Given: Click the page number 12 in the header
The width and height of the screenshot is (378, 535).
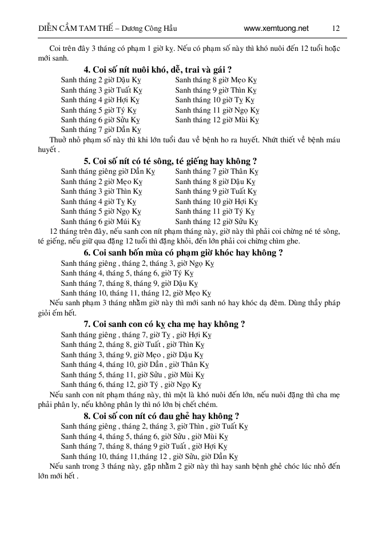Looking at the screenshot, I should click(x=336, y=28).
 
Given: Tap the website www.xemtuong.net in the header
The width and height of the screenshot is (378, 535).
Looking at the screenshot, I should click(x=276, y=28).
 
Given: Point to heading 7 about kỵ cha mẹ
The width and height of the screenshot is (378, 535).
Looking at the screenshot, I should click(x=164, y=324).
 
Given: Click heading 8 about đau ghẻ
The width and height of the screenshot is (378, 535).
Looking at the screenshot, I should click(x=161, y=416).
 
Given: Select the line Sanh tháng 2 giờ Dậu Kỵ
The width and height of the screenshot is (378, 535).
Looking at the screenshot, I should click(x=101, y=80).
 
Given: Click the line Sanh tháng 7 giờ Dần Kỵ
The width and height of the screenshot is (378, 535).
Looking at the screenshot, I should click(x=101, y=130).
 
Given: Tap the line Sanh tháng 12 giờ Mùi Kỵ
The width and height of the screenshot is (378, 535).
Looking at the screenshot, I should click(x=217, y=120).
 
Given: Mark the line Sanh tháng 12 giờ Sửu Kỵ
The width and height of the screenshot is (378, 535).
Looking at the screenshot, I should click(x=217, y=221).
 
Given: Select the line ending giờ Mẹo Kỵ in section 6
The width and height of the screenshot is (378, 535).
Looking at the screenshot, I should click(x=136, y=293).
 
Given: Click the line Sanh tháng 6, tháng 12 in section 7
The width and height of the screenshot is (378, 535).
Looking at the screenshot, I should click(x=131, y=385).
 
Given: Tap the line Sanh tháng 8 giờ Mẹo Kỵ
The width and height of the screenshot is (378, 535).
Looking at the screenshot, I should click(x=216, y=80).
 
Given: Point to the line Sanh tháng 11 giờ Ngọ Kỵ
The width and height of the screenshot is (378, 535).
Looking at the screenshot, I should click(x=217, y=110).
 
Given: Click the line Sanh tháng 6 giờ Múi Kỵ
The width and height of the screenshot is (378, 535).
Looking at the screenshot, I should click(x=101, y=221).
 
